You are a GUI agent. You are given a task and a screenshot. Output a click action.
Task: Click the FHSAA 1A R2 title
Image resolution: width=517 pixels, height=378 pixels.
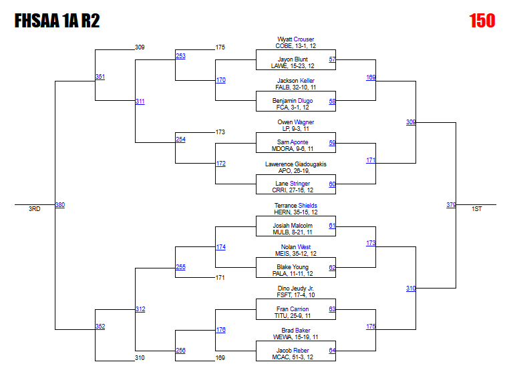(x=57, y=21)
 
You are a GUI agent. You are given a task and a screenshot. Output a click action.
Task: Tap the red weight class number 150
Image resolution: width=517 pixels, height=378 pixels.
(x=482, y=21)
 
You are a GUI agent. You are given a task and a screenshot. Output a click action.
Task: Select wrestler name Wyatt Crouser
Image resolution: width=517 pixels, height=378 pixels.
(x=295, y=39)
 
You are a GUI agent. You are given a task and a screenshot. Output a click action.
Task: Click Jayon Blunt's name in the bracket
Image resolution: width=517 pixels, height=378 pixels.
(x=293, y=59)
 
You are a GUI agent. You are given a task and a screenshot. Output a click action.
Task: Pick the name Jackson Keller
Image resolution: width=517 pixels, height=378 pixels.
(x=296, y=81)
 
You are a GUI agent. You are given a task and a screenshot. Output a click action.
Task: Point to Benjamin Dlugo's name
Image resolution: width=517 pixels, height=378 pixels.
(x=292, y=101)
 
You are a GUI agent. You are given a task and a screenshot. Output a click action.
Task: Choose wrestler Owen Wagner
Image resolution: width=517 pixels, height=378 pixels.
(x=295, y=122)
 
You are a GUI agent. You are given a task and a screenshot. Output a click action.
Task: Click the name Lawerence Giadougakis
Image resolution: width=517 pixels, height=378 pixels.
(x=295, y=164)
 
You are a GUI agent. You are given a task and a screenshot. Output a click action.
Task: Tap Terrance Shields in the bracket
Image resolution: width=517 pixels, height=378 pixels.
(x=295, y=206)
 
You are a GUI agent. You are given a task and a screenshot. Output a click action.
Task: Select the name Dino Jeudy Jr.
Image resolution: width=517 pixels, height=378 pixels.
(x=295, y=289)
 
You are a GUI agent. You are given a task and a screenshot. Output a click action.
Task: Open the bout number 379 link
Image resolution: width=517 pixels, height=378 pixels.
(x=452, y=205)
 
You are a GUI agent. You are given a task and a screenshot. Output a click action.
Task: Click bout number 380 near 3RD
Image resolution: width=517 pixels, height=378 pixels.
(x=59, y=205)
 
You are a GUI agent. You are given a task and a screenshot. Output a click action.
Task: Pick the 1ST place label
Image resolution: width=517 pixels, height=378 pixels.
(x=476, y=209)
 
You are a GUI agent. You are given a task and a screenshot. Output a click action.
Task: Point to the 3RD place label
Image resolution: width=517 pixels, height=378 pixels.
(x=34, y=209)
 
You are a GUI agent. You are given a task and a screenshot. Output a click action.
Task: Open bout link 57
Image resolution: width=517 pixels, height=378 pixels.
(x=332, y=59)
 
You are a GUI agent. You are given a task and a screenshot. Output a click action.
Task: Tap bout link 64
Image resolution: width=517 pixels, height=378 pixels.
(x=332, y=351)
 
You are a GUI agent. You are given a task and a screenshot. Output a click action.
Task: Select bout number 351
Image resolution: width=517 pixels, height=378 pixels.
(x=100, y=77)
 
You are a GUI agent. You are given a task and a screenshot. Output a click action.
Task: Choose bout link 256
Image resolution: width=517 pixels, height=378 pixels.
(x=180, y=351)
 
